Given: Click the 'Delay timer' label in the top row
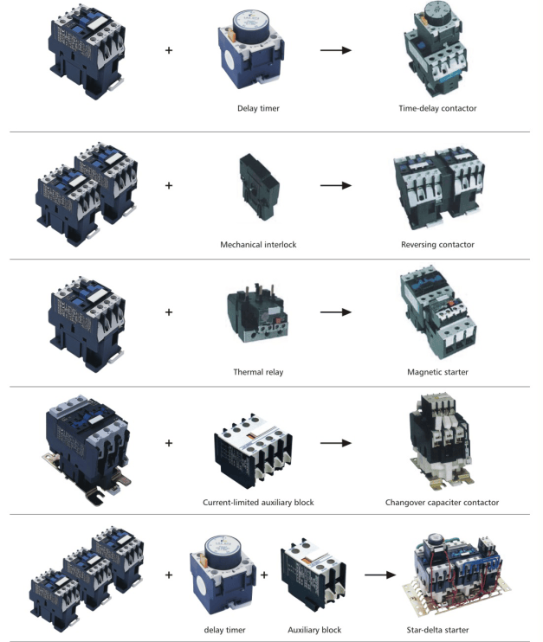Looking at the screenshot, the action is coord(258,108).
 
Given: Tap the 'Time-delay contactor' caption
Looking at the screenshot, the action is coord(437,108).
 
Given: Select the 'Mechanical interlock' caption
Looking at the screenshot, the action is coord(258,245).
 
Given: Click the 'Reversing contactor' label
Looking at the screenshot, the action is coord(437,245).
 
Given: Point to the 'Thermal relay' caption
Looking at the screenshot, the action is coord(258,372).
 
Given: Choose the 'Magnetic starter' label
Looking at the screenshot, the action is coord(437,372).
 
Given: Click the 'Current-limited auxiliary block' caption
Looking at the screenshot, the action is coord(258,503).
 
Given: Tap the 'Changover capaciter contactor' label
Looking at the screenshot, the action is coord(442,503).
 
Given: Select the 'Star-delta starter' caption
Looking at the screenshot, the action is coord(437,630).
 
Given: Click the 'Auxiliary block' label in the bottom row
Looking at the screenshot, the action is coord(314,630).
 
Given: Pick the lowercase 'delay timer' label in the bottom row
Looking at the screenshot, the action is coord(224,630).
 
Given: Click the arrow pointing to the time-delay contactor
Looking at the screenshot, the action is coord(336,50).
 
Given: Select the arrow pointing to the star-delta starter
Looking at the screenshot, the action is coord(380,575).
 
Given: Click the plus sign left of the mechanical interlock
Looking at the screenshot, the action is coord(169,185).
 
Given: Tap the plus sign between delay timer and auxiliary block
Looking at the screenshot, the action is coord(264,575).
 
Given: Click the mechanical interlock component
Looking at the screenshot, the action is coord(259,187).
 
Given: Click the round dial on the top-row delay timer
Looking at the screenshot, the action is coord(250,24).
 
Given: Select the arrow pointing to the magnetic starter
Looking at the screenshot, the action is coord(336,312).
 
